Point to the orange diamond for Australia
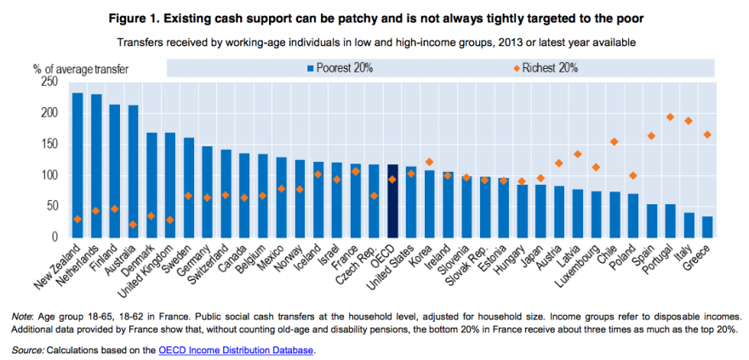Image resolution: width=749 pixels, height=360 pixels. (133, 225)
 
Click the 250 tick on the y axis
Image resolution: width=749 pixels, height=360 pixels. (48, 82)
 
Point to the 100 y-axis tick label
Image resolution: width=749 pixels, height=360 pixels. (48, 174)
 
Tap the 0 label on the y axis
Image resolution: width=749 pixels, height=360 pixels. (54, 237)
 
